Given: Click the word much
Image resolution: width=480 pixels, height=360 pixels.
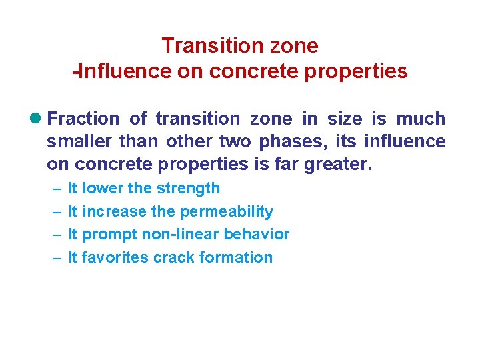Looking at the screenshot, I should tap(420, 119).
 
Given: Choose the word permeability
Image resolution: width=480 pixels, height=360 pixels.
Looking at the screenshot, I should tap(227, 212).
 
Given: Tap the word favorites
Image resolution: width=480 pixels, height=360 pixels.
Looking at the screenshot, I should tap(115, 258).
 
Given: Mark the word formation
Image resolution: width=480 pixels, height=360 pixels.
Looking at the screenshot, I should tap(235, 258).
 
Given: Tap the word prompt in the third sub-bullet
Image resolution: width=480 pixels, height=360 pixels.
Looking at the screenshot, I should tap(105, 235).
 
